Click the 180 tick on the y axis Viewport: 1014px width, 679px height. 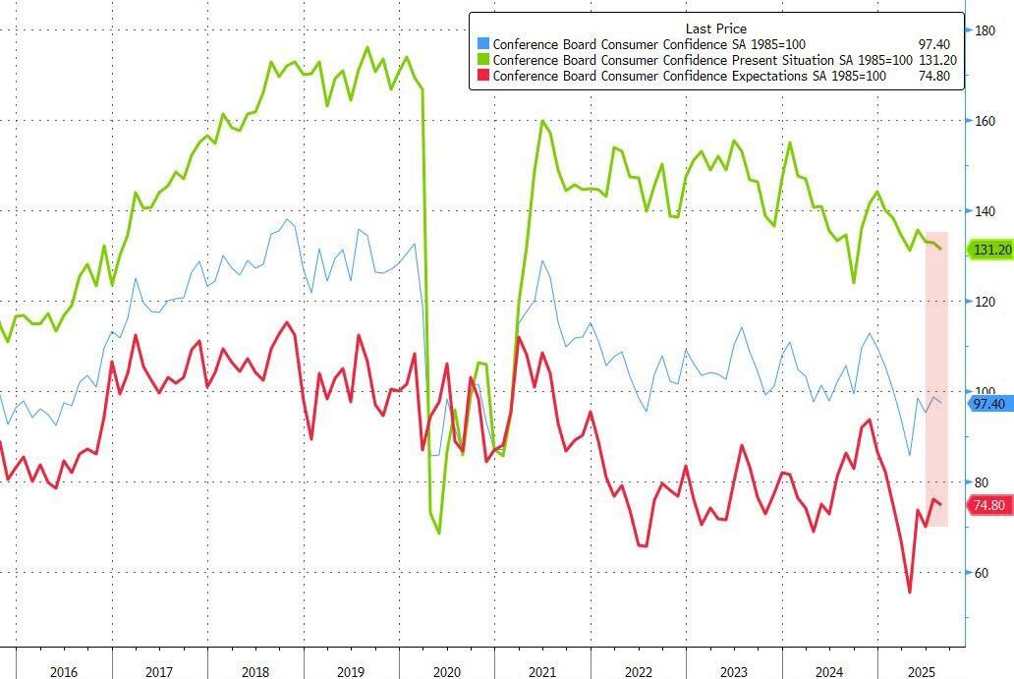pos(987,31)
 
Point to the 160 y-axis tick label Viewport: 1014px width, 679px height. pos(987,122)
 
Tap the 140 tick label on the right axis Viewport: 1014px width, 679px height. pos(987,211)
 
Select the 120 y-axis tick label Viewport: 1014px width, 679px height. pos(987,302)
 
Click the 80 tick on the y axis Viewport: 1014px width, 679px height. pos(987,482)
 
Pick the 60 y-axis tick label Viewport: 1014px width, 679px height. pos(987,573)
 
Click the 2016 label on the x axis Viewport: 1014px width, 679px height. pos(63,672)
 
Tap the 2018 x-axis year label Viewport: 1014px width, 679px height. pos(253,672)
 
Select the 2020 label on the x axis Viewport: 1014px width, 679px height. pos(446,672)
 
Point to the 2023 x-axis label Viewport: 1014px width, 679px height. pos(733,672)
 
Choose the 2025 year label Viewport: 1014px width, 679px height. pos(921,672)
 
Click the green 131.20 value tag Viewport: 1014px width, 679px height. pos(991,251)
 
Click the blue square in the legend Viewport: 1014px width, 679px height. pos(481,44)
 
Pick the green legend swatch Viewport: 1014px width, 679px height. pos(481,60)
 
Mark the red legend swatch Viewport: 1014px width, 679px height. pos(481,76)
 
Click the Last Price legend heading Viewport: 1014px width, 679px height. pos(715,28)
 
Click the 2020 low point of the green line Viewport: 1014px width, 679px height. pos(438,533)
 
